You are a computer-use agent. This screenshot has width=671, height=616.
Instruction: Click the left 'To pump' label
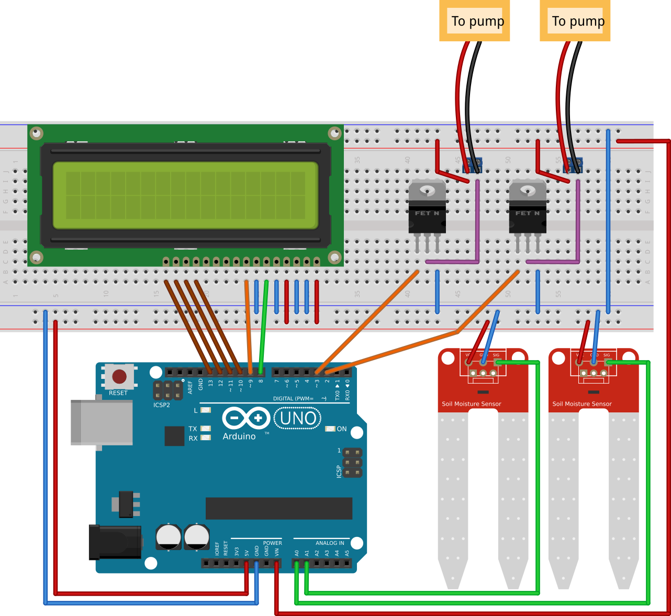click(x=474, y=21)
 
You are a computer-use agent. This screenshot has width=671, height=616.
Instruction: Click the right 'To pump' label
click(x=575, y=21)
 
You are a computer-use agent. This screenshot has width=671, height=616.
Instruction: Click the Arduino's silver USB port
click(x=102, y=423)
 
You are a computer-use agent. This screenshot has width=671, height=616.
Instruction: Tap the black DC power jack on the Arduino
click(x=115, y=542)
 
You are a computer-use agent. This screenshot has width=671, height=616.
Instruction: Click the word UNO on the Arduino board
click(x=298, y=418)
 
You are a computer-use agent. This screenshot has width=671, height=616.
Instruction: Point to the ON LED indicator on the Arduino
click(x=330, y=429)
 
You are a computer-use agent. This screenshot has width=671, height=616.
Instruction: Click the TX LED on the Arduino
click(x=206, y=429)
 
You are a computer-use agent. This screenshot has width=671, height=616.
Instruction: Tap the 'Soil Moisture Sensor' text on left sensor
click(x=471, y=404)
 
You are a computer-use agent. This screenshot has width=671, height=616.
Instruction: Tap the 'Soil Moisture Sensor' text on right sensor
click(x=581, y=404)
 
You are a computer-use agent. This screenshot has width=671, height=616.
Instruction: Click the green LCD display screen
click(x=185, y=195)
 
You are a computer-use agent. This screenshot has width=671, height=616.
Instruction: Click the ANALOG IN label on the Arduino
click(x=330, y=543)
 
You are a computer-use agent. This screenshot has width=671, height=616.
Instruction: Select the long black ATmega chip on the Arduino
click(x=278, y=508)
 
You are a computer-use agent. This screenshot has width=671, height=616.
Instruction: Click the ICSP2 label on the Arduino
click(x=162, y=405)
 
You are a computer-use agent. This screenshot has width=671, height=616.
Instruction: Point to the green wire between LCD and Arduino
click(x=263, y=324)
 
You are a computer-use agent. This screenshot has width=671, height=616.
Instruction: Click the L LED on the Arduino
click(x=206, y=410)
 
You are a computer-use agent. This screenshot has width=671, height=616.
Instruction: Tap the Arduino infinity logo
click(x=246, y=418)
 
